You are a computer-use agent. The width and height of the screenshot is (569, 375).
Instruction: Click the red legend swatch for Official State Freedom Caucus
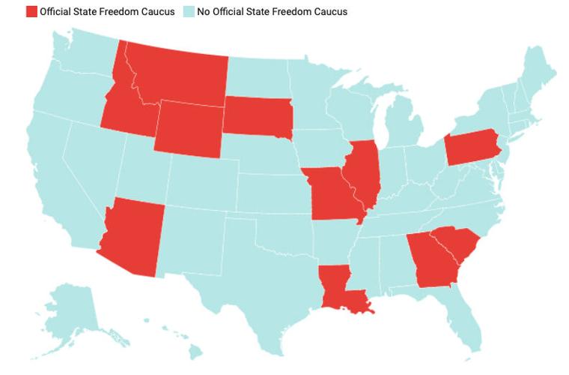point(31,12)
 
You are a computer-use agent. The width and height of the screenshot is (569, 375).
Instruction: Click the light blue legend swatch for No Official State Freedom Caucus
point(188,12)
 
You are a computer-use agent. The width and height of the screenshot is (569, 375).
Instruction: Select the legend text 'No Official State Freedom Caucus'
point(272,12)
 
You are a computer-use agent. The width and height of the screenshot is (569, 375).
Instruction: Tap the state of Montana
point(176,75)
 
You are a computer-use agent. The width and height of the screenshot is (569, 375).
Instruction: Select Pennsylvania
point(472,146)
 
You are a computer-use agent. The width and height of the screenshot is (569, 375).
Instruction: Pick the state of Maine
point(539,71)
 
